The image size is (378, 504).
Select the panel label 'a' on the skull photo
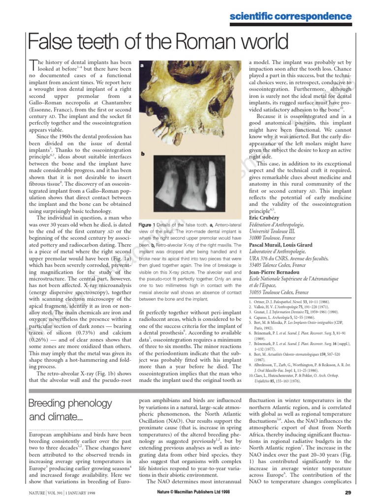(x=142, y=65)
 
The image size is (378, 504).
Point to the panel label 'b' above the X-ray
(x=142, y=153)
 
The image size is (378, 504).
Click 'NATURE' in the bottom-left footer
(x=35, y=492)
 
